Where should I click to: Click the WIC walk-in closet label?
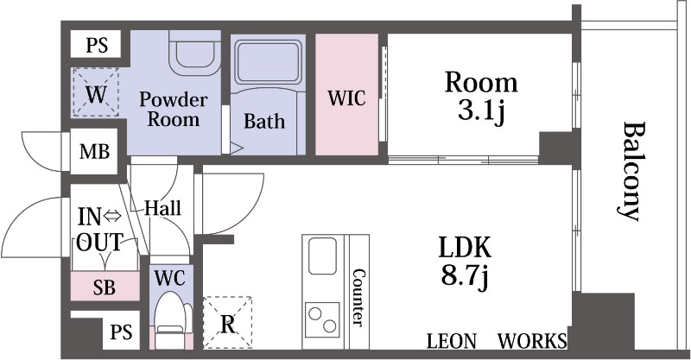tap(347, 98)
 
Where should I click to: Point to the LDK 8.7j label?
tap(464, 262)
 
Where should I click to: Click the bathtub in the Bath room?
tap(269, 61)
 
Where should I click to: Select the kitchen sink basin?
tap(322, 256)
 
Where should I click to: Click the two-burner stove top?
tap(322, 319)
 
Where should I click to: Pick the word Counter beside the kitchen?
tap(359, 298)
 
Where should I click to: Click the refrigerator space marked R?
tap(227, 323)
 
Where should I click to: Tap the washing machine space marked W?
tap(96, 92)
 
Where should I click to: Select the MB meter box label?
tap(94, 152)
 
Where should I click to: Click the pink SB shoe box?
tap(105, 287)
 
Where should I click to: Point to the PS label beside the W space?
tap(97, 45)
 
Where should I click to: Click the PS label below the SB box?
tap(121, 332)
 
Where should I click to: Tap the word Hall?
tap(162, 207)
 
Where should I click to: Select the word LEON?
tap(452, 342)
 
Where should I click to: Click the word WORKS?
tap(532, 342)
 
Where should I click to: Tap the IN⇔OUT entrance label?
tap(99, 229)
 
